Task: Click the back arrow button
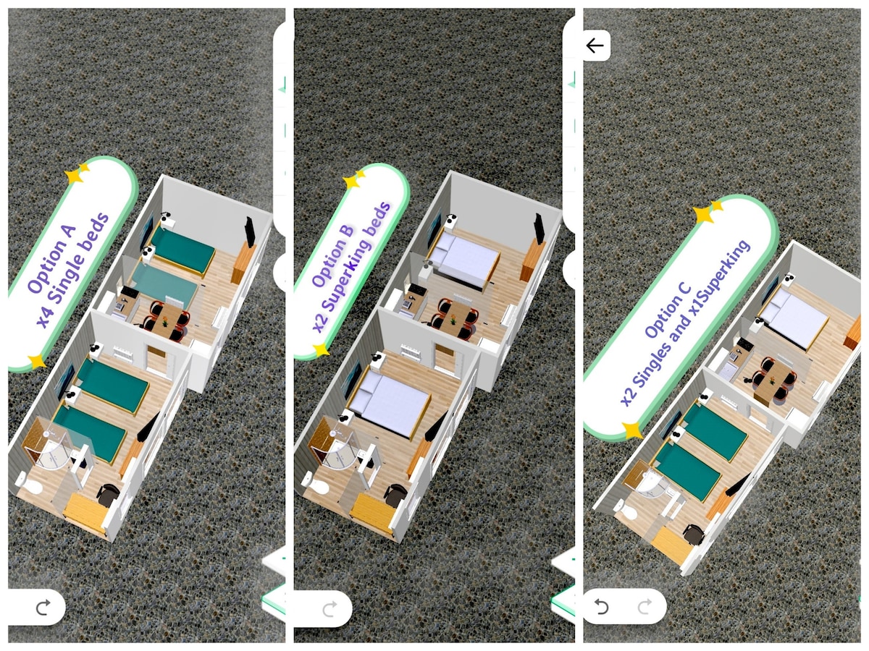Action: [595, 46]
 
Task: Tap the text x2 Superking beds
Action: [351, 268]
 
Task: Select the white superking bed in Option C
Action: [793, 317]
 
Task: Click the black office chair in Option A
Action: [109, 495]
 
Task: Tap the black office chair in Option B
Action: [396, 495]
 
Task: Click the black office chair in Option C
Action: [694, 535]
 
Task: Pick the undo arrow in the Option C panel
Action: [601, 606]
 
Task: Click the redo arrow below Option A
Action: [43, 607]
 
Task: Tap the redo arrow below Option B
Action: [330, 608]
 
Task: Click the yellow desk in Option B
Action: [372, 514]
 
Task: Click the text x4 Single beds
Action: [73, 271]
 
